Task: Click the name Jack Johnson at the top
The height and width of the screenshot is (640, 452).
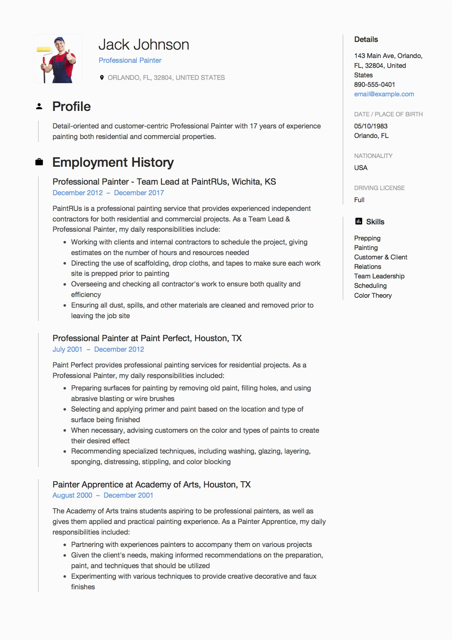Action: (x=144, y=45)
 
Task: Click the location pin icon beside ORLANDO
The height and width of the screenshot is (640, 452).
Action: (x=102, y=77)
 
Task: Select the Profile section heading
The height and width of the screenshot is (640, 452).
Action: (x=72, y=107)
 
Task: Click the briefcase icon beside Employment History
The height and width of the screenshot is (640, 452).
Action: (x=39, y=162)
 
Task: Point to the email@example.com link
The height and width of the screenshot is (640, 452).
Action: (x=384, y=94)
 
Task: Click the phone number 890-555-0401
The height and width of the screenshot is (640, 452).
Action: (x=374, y=85)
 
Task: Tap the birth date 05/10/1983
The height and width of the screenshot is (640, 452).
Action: (x=371, y=126)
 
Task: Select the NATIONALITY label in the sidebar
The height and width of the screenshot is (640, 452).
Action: (x=373, y=156)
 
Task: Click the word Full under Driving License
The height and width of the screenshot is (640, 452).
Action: (x=359, y=200)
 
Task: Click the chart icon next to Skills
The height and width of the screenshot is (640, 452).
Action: (x=359, y=221)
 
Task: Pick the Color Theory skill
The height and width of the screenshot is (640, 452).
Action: (x=373, y=296)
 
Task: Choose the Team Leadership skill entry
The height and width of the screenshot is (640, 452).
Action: (x=379, y=276)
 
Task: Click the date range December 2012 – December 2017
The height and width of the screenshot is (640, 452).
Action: (x=108, y=193)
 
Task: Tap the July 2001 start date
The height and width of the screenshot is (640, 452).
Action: (x=67, y=349)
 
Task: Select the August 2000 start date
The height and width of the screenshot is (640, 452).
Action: (x=72, y=495)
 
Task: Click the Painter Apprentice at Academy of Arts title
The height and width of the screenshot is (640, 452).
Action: (x=151, y=485)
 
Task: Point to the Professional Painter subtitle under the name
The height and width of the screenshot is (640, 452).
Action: (x=130, y=61)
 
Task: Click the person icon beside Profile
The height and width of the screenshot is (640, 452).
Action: (x=39, y=107)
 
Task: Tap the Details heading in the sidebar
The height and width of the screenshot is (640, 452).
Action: (x=366, y=39)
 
